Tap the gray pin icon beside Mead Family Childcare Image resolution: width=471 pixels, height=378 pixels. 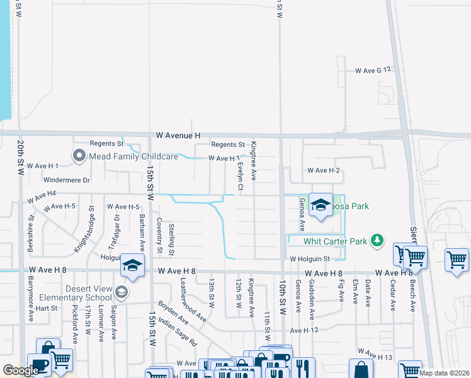[x=79, y=155]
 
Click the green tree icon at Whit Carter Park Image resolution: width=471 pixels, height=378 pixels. [x=377, y=240]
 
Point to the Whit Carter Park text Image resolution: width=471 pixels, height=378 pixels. [x=335, y=241]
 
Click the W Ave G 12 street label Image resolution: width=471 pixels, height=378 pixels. [x=373, y=71]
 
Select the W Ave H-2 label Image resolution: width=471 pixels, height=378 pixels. [x=324, y=171]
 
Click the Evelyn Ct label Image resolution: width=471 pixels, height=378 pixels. [x=241, y=177]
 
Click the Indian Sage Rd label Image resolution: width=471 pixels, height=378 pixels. [x=178, y=333]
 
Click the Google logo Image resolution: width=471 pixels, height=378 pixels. [x=21, y=370]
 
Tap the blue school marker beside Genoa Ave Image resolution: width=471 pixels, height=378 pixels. [x=321, y=205]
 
